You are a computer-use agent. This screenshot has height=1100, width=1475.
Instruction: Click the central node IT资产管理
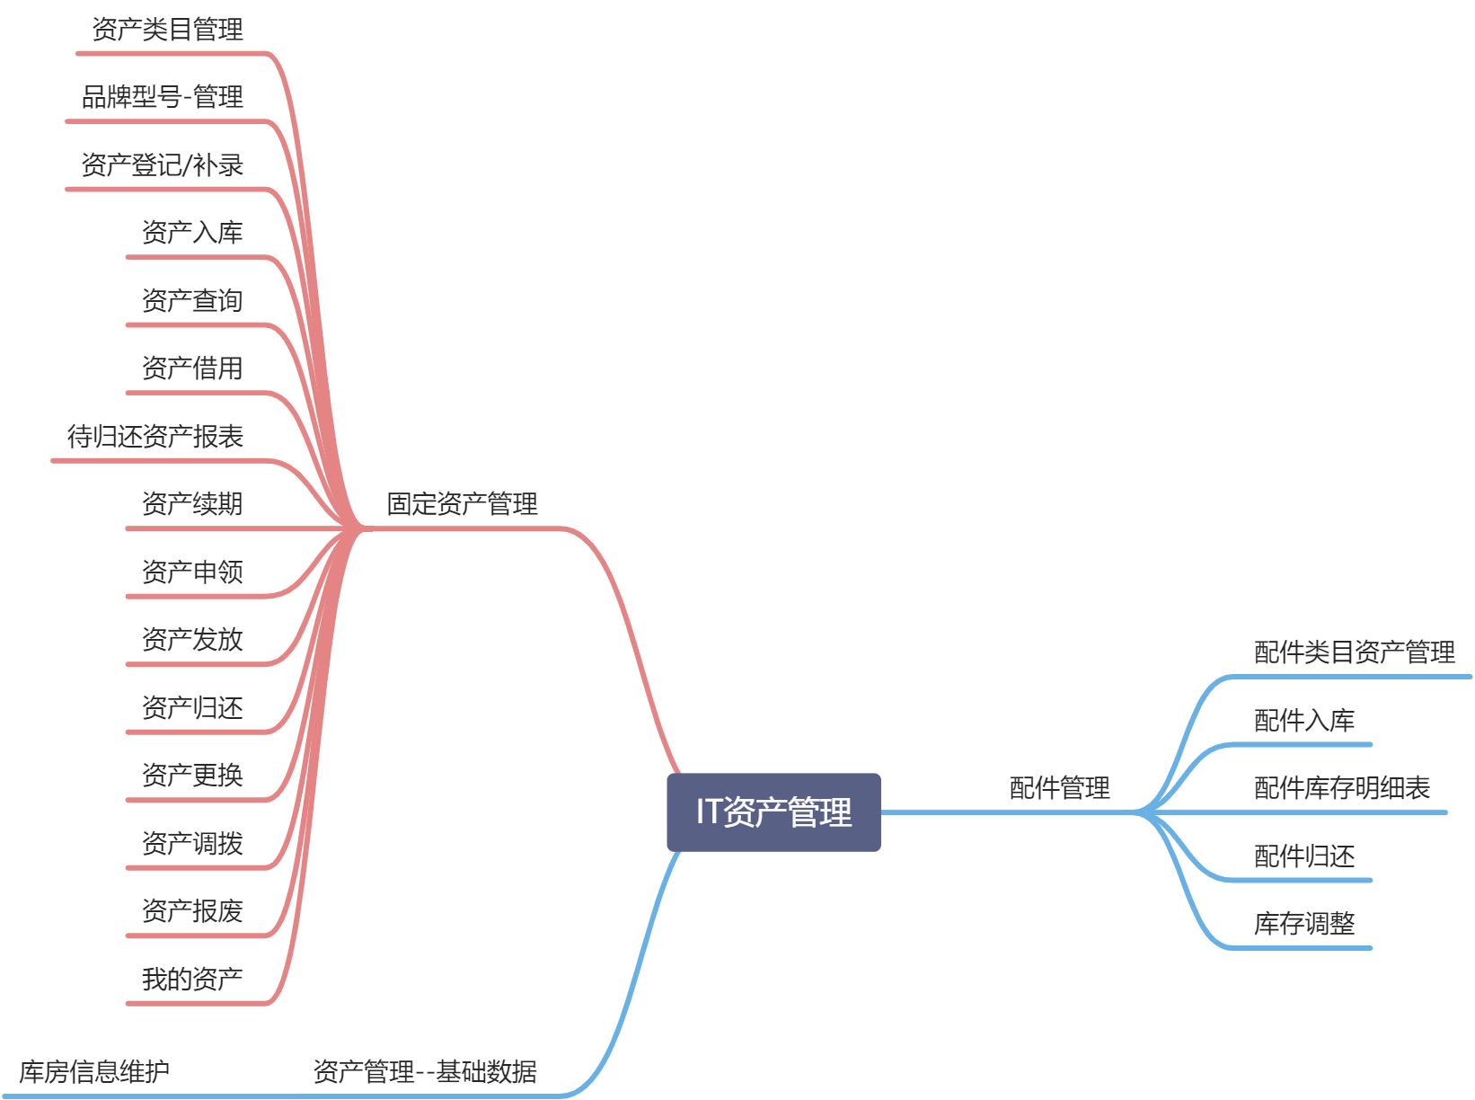(773, 812)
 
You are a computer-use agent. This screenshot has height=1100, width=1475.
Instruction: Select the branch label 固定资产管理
(462, 504)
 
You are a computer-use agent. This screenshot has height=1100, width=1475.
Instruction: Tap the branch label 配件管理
(1059, 788)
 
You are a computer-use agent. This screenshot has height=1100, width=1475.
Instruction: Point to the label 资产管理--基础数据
(425, 1071)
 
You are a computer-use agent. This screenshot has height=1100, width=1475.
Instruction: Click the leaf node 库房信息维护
(94, 1071)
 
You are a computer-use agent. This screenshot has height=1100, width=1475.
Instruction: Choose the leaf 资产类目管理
(168, 30)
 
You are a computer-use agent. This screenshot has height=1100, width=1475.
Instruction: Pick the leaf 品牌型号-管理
(163, 97)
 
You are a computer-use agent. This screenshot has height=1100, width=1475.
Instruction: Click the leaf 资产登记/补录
(163, 165)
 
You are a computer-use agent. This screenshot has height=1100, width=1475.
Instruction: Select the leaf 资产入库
(192, 233)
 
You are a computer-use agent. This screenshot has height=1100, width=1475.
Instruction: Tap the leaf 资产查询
(192, 300)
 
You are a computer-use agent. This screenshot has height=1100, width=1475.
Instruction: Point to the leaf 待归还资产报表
(155, 437)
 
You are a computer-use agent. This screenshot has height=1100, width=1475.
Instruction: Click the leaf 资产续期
(192, 504)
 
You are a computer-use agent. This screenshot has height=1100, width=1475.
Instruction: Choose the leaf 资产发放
(192, 640)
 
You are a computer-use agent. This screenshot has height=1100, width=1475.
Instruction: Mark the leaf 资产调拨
(192, 843)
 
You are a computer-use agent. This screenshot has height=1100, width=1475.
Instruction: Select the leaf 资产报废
(192, 911)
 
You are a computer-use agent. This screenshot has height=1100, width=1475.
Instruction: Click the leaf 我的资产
(192, 979)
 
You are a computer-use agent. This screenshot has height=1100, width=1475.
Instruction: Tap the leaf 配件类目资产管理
(1354, 652)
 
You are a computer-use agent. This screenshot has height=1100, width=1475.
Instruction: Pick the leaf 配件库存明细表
(1341, 788)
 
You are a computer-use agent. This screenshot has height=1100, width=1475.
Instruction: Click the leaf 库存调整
(1303, 924)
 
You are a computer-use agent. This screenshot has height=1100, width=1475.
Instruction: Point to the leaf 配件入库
(1303, 721)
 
